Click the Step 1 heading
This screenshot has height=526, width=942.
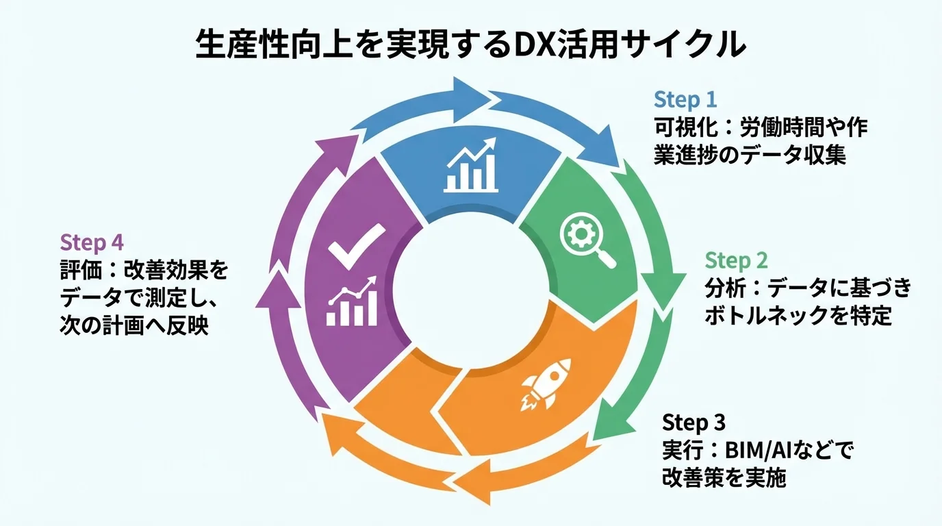pyautogui.click(x=685, y=100)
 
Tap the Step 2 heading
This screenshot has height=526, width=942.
pyautogui.click(x=737, y=261)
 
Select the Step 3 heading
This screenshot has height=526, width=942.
pyautogui.click(x=693, y=422)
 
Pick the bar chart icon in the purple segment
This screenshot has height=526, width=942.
pyautogui.click(x=352, y=302)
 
